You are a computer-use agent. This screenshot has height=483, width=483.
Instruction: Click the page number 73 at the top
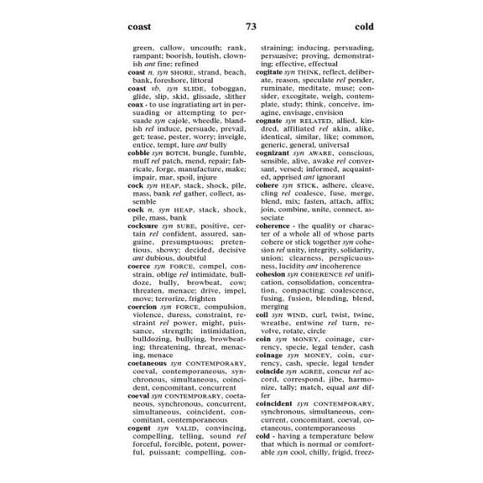point(251,27)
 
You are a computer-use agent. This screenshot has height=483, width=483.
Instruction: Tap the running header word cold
point(364,27)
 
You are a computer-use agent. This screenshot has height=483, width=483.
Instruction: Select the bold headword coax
point(137,105)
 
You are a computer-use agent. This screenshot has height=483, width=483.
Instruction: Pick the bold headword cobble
point(140,153)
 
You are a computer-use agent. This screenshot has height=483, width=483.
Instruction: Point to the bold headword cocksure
point(143,226)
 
